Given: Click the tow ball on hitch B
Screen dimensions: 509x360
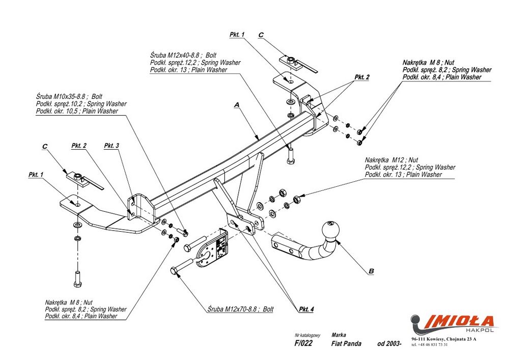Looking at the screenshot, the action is [330, 230].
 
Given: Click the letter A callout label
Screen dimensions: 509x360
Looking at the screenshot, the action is [237, 104].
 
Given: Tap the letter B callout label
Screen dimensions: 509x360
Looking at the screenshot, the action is [372, 271].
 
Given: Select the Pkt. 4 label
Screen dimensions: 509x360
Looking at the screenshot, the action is [306, 310].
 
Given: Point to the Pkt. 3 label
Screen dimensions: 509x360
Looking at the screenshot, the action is [111, 146].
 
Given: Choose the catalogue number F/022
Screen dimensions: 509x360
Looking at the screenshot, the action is [303, 343].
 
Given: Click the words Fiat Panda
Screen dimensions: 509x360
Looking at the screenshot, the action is [346, 343].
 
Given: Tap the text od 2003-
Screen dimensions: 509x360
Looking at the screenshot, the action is [389, 343].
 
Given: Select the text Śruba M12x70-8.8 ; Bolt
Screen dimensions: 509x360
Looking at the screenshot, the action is [241, 309].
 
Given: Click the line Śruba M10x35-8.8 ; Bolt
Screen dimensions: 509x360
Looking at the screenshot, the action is [69, 96].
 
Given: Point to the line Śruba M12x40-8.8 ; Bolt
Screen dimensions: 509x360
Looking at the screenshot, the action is [183, 55].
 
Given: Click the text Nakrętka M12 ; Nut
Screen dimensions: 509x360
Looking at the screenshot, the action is [391, 160].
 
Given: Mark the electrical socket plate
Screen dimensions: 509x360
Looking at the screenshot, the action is [213, 248].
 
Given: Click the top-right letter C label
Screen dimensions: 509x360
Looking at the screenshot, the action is [261, 35].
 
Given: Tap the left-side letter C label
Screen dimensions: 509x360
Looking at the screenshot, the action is [45, 147].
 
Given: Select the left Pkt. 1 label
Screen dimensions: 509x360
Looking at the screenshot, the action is [36, 175].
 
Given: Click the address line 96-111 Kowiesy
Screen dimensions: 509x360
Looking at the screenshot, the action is [444, 339].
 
